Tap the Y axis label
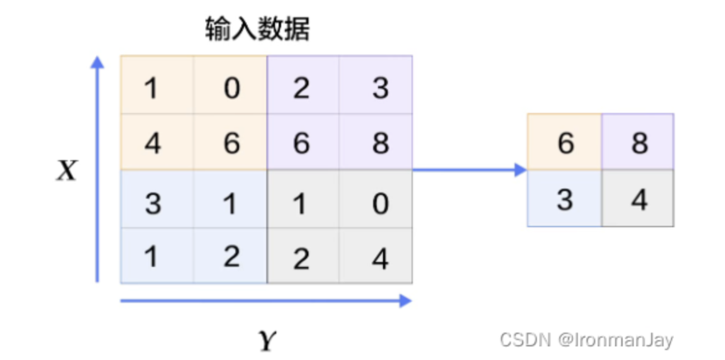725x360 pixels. click(267, 340)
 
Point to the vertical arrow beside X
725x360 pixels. click(97, 168)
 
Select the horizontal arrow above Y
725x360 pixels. click(266, 301)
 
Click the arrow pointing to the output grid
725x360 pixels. click(469, 169)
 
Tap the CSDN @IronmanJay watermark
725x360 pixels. click(586, 339)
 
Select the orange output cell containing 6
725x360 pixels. click(565, 143)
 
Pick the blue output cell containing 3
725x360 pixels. click(565, 200)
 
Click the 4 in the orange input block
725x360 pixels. click(152, 143)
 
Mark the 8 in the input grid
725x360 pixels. click(380, 143)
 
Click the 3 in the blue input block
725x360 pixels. click(152, 203)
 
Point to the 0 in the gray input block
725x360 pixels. click(380, 203)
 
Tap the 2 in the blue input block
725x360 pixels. click(232, 256)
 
